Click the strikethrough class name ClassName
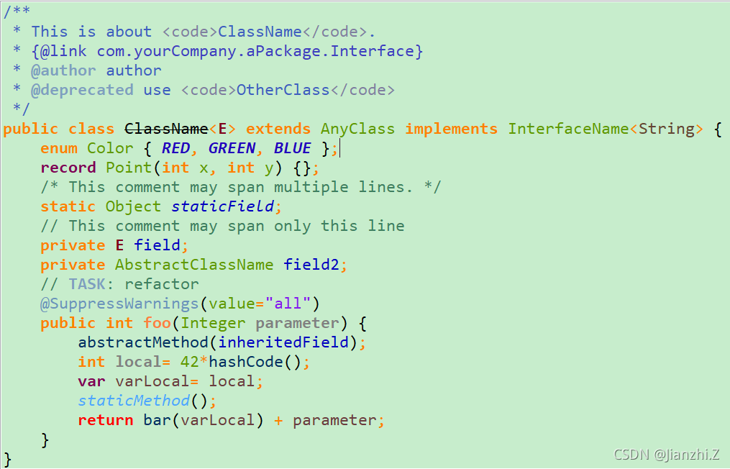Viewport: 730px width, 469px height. pyautogui.click(x=166, y=129)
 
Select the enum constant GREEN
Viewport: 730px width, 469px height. pyautogui.click(x=232, y=148)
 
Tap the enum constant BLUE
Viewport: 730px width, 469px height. pyautogui.click(x=292, y=148)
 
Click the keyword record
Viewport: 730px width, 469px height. pyautogui.click(x=68, y=168)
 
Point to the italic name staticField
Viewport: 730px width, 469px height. pyautogui.click(x=222, y=206)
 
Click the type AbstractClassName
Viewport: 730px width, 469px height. pyautogui.click(x=194, y=265)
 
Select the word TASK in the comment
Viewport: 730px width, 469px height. pyautogui.click(x=87, y=284)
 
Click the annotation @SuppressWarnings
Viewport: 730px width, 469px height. pyautogui.click(x=119, y=304)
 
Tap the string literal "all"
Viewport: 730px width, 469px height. pyautogui.click(x=288, y=304)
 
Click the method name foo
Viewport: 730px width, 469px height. pyautogui.click(x=157, y=323)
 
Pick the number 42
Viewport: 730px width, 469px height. pyautogui.click(x=189, y=362)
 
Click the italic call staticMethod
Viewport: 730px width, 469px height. pyautogui.click(x=134, y=401)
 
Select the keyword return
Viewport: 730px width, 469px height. pyautogui.click(x=106, y=420)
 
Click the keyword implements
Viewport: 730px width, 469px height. pyautogui.click(x=451, y=129)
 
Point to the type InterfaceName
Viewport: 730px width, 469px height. pyautogui.click(x=568, y=129)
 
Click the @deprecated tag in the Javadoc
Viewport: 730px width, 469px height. pyautogui.click(x=82, y=90)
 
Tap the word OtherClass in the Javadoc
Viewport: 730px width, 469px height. pyautogui.click(x=283, y=90)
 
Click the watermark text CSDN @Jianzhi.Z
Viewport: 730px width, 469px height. pyautogui.click(x=667, y=455)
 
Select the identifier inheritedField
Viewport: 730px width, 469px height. pyautogui.click(x=288, y=342)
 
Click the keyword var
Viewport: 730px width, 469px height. pyautogui.click(x=91, y=381)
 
